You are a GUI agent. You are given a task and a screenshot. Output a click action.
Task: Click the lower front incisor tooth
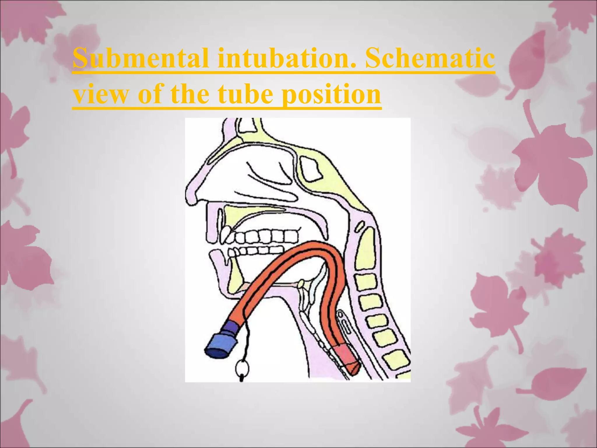(x=232, y=252)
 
